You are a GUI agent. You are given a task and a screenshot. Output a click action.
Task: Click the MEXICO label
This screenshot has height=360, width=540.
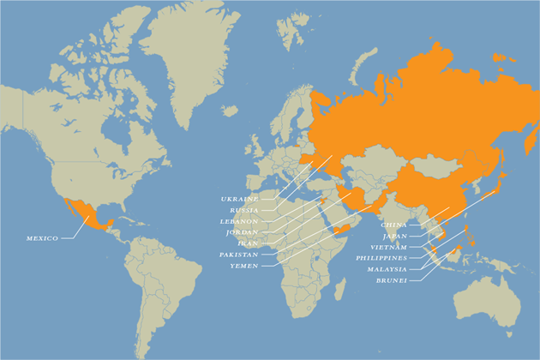coord(42,238)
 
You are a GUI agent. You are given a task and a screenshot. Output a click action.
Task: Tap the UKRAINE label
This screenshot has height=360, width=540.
coord(240,199)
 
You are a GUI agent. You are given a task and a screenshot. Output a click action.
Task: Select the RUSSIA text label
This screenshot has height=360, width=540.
coord(243,210)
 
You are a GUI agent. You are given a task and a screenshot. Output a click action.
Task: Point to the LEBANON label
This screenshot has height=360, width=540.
coord(238,221)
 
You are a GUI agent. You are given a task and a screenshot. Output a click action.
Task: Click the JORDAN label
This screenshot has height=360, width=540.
coord(241,232)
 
